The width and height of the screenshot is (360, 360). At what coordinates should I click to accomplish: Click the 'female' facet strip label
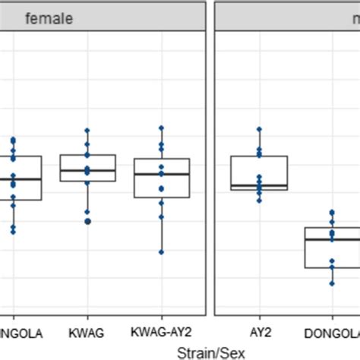click(49, 19)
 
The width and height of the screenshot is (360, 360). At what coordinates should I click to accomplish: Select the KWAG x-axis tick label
click(87, 333)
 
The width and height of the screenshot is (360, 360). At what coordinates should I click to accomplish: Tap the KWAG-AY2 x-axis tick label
click(161, 333)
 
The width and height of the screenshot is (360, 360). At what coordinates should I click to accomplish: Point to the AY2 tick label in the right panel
click(259, 333)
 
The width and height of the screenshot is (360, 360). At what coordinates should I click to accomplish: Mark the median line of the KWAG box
click(87, 171)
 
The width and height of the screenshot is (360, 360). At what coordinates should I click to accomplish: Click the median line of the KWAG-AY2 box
click(161, 174)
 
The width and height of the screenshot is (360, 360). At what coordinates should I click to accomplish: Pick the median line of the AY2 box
click(259, 185)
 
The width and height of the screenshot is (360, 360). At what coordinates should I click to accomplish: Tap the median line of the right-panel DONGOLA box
click(332, 239)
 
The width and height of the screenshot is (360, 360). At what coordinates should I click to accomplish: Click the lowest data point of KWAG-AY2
click(161, 252)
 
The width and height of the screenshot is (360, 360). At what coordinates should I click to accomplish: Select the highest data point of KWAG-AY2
click(161, 128)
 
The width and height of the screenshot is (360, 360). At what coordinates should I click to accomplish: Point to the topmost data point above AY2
click(259, 130)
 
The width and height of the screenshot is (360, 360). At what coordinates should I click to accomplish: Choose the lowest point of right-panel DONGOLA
click(332, 283)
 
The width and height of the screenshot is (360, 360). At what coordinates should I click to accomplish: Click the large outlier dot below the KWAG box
click(87, 221)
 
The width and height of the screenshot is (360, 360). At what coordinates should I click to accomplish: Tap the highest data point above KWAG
click(87, 131)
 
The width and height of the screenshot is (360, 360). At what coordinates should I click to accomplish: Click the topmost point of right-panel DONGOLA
click(332, 213)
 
